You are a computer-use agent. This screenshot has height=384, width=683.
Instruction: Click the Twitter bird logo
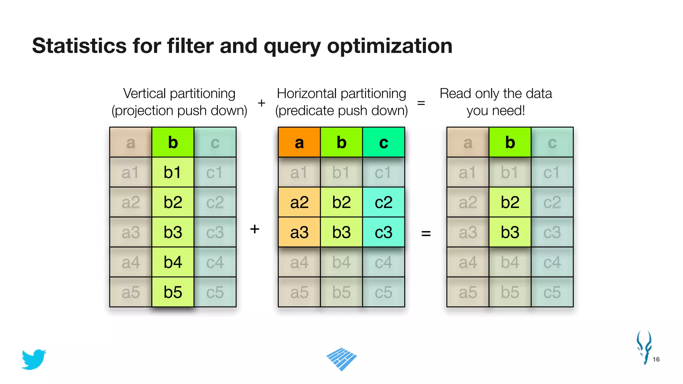point(34,359)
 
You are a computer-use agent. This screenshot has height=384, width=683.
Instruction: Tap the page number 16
point(656,359)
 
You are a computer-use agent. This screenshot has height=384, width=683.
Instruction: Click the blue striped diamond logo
point(341,359)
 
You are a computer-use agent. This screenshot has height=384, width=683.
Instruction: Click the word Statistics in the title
point(79,46)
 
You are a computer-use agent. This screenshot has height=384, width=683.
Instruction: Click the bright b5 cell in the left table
point(173,292)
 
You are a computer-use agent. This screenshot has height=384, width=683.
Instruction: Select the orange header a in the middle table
point(299,142)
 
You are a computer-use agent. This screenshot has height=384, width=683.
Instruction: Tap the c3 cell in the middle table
point(384,232)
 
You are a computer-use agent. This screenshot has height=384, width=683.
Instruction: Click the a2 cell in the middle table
point(299,202)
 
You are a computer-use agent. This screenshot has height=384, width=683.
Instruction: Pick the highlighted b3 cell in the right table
point(510,232)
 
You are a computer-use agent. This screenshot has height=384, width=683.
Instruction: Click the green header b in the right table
point(510,142)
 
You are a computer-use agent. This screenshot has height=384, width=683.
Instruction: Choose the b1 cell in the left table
point(173,172)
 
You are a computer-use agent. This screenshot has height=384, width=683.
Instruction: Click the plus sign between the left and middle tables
point(254,229)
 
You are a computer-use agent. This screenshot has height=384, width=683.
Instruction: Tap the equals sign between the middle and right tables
point(426,233)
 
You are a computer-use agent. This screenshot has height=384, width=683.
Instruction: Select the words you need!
point(496,111)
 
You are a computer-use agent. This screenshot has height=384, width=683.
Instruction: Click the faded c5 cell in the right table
point(552,292)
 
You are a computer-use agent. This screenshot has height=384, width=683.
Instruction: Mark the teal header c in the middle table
point(384,142)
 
